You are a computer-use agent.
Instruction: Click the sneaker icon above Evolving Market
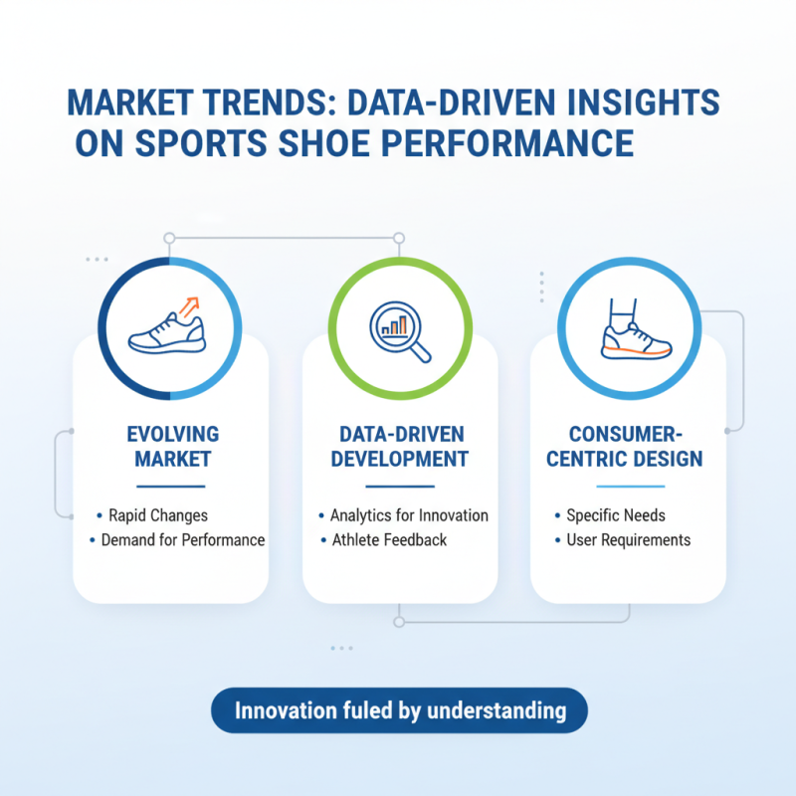[166, 331]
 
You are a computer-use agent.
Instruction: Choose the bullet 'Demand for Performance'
[183, 540]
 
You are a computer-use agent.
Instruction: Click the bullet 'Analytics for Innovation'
[409, 515]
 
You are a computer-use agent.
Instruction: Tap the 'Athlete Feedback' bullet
[389, 540]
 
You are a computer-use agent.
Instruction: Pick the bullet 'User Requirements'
[628, 540]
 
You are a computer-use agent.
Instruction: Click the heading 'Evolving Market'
[171, 447]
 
